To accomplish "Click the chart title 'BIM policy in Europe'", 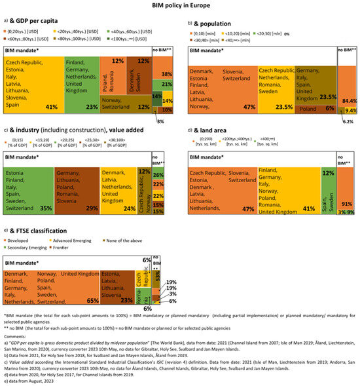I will (179, 6).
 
